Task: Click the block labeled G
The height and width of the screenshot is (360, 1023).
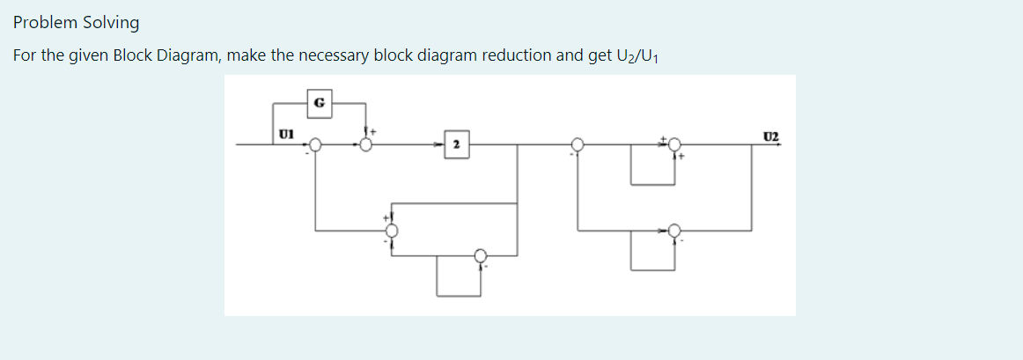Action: tap(319, 102)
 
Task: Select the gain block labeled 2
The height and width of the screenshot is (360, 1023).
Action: tap(456, 143)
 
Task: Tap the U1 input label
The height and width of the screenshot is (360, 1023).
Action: tap(285, 135)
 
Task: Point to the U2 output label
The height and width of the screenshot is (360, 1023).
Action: tap(771, 136)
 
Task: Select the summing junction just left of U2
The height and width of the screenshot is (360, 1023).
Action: tap(674, 144)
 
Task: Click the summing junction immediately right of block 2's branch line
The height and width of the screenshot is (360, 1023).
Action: tap(578, 144)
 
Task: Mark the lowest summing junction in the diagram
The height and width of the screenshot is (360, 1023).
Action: tap(480, 255)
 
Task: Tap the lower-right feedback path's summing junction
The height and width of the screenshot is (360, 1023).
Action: tap(674, 231)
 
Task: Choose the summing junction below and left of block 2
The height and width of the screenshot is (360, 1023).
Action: tap(392, 231)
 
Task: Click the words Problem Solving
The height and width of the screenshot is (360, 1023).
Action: tap(76, 22)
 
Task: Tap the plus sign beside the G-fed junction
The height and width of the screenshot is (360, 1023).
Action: tap(372, 131)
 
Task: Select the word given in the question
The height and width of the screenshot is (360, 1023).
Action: tap(87, 55)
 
